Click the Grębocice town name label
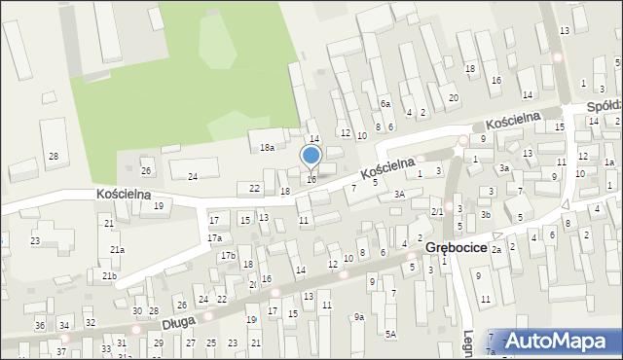457,248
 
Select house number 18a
267,147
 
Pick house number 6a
385,104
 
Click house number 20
453,98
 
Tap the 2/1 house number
438,211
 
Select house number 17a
214,238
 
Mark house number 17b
228,255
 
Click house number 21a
117,250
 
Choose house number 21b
111,276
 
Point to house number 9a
358,316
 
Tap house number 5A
390,334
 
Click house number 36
40,325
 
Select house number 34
64,325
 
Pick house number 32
90,322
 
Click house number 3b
485,214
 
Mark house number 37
62,351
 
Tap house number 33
106,348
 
